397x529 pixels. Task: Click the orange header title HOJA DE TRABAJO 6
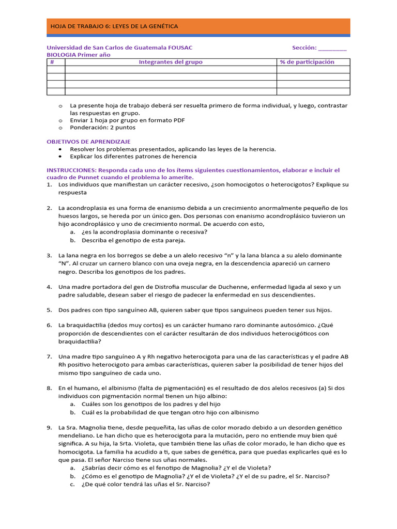(113, 26)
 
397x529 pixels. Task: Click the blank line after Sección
(332, 48)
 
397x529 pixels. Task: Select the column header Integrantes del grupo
(171, 62)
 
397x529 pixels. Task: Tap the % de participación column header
(307, 62)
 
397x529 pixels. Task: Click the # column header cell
(52, 62)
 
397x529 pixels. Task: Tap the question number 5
(49, 310)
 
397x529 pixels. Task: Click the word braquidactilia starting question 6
(88, 325)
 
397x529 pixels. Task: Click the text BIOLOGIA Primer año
(79, 55)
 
